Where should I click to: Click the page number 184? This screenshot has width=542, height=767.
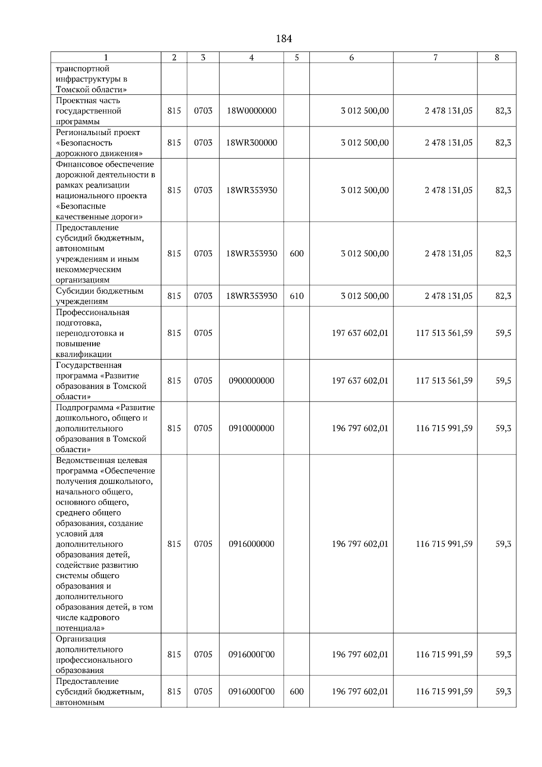[x=284, y=39]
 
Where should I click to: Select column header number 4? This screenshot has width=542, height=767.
[x=252, y=57]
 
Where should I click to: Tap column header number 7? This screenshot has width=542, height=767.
[x=435, y=57]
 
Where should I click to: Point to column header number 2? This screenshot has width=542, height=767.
[x=174, y=57]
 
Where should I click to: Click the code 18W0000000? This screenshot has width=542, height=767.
[x=252, y=111]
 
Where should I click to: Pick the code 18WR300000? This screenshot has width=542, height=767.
[x=252, y=143]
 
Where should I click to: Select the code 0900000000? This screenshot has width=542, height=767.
[x=252, y=381]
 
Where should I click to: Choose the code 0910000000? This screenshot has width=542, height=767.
[x=252, y=428]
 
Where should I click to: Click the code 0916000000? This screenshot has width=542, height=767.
[x=252, y=544]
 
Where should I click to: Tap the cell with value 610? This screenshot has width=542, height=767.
[x=297, y=296]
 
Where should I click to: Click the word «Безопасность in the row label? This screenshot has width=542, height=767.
[x=84, y=143]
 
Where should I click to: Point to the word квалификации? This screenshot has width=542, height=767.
[x=84, y=355]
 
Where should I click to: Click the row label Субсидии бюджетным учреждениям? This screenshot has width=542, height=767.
[x=100, y=296]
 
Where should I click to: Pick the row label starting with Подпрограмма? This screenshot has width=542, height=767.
[x=105, y=428]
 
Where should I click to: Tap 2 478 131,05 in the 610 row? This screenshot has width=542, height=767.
[x=449, y=296]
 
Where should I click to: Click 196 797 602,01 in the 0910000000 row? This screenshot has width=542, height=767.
[x=360, y=428]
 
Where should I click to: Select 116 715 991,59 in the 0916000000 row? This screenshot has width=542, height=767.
[x=444, y=544]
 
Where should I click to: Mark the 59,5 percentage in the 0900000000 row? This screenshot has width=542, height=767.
[x=503, y=381]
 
